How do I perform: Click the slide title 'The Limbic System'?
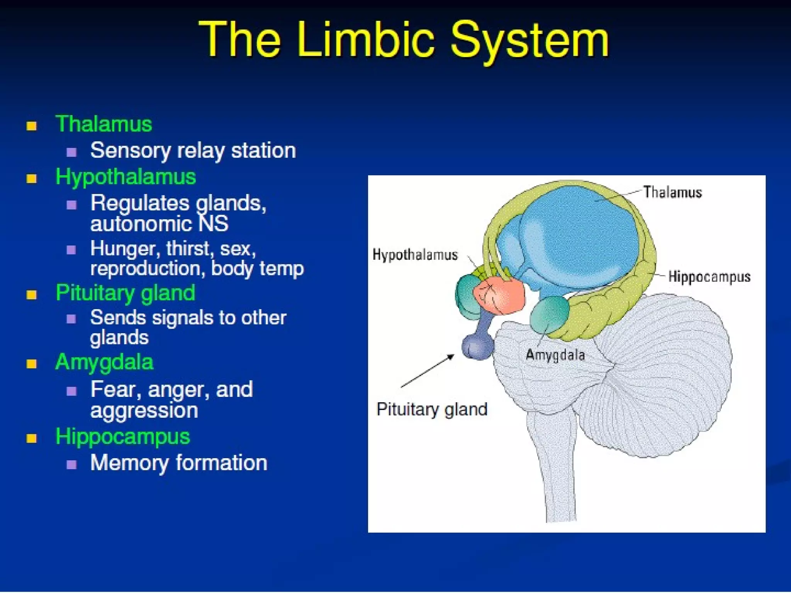pyautogui.click(x=403, y=40)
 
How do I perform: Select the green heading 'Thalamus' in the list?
pyautogui.click(x=104, y=124)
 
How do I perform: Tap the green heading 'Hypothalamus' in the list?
pyautogui.click(x=126, y=177)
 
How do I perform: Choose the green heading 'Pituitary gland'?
pyautogui.click(x=125, y=293)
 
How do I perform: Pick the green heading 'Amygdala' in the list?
pyautogui.click(x=104, y=363)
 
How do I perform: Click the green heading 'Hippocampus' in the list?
pyautogui.click(x=122, y=437)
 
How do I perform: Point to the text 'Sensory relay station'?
pyautogui.click(x=193, y=150)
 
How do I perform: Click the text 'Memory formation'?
pyautogui.click(x=178, y=463)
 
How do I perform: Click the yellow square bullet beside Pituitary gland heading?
pyautogui.click(x=31, y=295)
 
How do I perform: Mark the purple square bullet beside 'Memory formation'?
pyautogui.click(x=71, y=464)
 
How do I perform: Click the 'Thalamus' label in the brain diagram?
pyautogui.click(x=672, y=192)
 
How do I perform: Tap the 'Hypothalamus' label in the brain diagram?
pyautogui.click(x=415, y=255)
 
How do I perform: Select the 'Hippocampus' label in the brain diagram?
pyautogui.click(x=709, y=276)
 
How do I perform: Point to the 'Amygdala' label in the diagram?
pyautogui.click(x=555, y=355)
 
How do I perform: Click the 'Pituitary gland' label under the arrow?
pyautogui.click(x=432, y=409)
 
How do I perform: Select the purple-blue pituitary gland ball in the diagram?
pyautogui.click(x=477, y=346)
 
